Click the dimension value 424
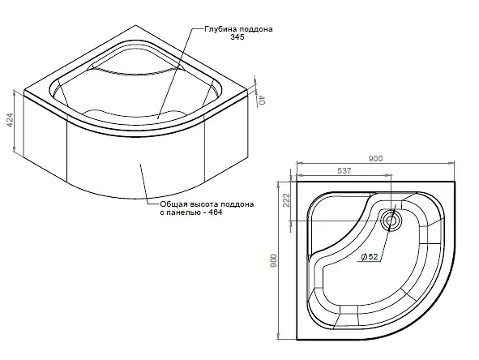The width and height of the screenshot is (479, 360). tap(11, 120)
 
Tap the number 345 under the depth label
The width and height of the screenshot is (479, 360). tap(237, 37)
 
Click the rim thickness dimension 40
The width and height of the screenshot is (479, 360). tap(261, 100)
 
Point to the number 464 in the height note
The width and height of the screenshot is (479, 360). tap(215, 212)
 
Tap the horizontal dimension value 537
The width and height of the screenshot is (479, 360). tap(344, 170)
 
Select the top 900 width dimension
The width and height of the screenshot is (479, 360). tap(375, 158)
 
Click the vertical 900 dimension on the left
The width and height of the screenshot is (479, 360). tap(273, 261)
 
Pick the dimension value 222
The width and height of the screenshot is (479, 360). tap(286, 200)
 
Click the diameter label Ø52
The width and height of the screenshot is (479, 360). tap(369, 257)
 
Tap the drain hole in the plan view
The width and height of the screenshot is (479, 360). tap(391, 221)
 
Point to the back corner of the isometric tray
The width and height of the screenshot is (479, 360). tap(135, 25)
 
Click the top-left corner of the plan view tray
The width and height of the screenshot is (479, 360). tap(297, 182)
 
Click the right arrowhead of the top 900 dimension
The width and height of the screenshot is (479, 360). tap(453, 163)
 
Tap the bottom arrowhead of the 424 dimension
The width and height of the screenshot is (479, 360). tap(14, 149)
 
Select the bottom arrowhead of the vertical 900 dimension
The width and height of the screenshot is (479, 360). tap(278, 337)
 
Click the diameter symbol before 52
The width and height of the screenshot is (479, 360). tap(364, 257)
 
